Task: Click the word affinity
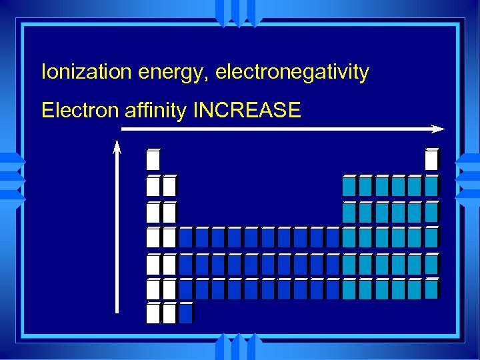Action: click(x=155, y=110)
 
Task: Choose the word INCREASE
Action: click(x=247, y=110)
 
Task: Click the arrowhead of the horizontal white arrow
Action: click(x=438, y=128)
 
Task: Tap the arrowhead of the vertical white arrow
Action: click(x=117, y=147)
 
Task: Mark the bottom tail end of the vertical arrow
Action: click(x=117, y=311)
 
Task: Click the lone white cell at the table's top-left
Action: click(x=153, y=160)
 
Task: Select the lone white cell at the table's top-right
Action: click(x=431, y=160)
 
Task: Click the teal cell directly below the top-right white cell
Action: click(x=431, y=186)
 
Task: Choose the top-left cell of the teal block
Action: click(x=349, y=186)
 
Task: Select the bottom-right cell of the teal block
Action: click(x=431, y=289)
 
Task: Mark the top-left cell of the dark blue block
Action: click(x=185, y=237)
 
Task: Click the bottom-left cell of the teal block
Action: click(x=349, y=289)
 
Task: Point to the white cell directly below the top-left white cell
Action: click(x=153, y=186)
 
